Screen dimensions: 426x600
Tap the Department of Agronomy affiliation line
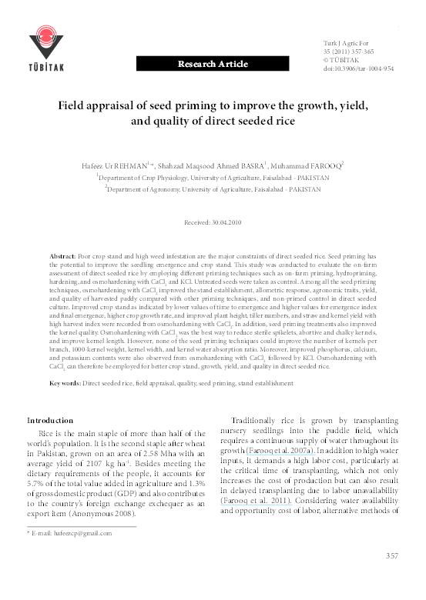point(214,187)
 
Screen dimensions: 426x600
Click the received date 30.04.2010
point(225,222)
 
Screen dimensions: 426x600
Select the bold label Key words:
point(65,383)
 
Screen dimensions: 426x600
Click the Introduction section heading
point(50,421)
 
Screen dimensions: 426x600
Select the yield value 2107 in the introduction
point(97,465)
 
